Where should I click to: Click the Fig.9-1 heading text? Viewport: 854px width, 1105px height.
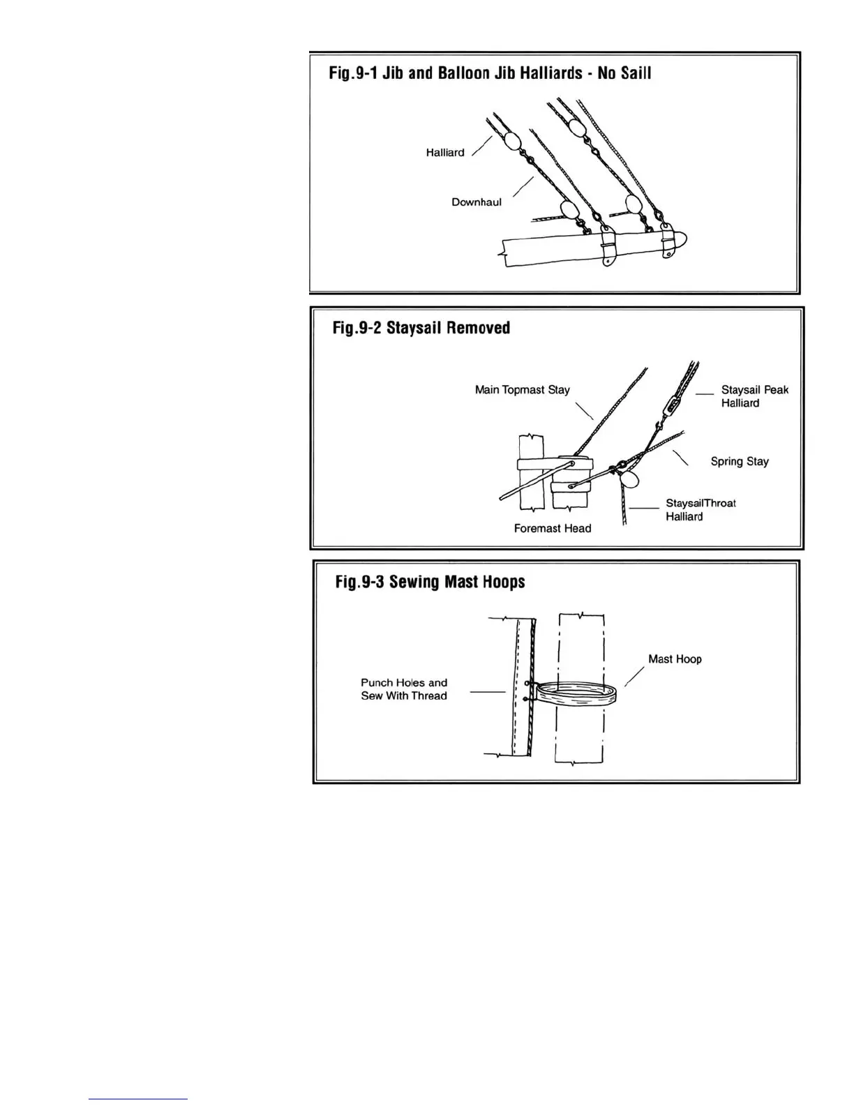(x=490, y=73)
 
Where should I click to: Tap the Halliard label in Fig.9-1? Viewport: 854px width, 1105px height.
(x=445, y=153)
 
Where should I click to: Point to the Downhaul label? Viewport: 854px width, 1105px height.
(x=477, y=202)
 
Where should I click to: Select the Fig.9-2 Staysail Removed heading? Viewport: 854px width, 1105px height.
(x=421, y=328)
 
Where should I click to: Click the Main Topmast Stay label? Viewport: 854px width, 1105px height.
(x=523, y=389)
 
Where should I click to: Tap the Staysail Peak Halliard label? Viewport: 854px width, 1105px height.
(x=754, y=396)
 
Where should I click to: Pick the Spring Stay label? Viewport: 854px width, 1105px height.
(x=740, y=461)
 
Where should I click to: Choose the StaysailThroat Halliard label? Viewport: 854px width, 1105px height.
(x=700, y=509)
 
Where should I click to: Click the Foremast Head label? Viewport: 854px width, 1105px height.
(x=552, y=529)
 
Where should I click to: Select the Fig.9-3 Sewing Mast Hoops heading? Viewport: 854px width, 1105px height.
(x=430, y=582)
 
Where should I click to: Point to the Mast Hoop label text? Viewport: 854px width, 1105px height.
(x=675, y=659)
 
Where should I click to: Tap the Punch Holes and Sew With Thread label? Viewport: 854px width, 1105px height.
(x=404, y=689)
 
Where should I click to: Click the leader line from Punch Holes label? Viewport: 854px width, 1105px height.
(x=487, y=692)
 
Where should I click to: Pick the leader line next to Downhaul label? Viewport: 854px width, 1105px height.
(x=523, y=186)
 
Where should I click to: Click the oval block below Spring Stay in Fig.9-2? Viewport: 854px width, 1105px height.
(x=629, y=479)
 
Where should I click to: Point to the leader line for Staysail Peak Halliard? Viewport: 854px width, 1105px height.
(x=705, y=394)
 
